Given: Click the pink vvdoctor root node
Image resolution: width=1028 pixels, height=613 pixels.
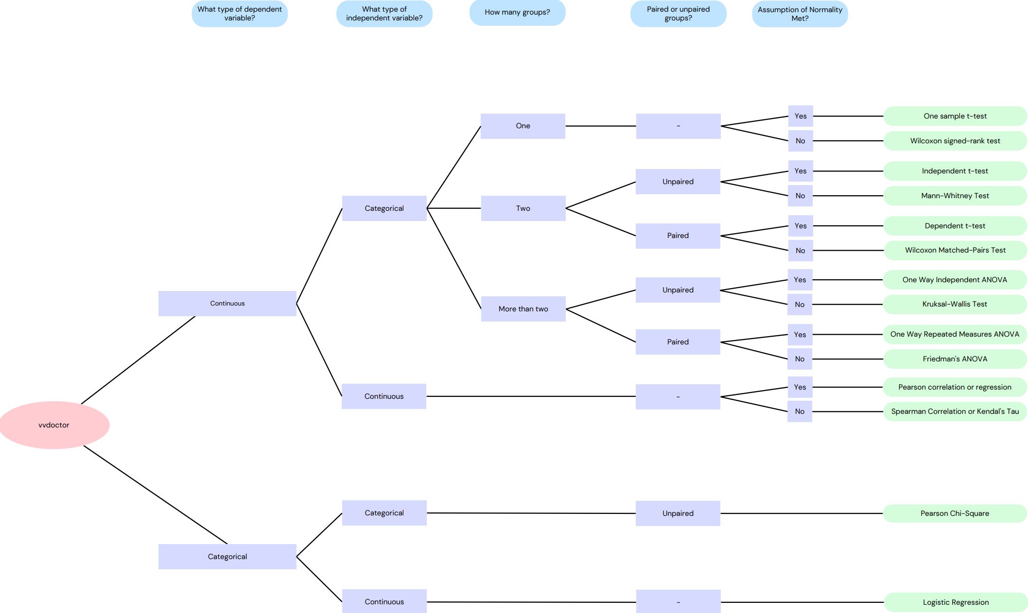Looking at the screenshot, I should tap(54, 425).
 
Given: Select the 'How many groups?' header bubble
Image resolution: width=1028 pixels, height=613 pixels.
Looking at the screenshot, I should tap(517, 12).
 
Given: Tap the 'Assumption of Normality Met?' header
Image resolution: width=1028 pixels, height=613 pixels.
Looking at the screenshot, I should tap(800, 14).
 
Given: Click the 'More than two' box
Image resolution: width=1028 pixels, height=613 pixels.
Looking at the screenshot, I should tap(523, 309).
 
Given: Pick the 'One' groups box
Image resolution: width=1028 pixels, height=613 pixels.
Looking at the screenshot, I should tap(523, 126).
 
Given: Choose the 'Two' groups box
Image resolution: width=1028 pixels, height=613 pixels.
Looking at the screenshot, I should tap(523, 208).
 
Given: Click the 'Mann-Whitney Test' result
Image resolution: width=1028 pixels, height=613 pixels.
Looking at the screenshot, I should tap(955, 196).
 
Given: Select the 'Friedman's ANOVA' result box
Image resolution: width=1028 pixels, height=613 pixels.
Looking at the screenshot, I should tap(955, 359).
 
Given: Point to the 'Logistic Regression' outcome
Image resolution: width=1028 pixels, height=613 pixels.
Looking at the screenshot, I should tap(956, 602).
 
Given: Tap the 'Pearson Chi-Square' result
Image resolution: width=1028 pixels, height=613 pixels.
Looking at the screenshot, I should tap(955, 513).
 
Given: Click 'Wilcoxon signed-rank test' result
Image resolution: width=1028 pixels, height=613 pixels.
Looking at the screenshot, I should tap(955, 141).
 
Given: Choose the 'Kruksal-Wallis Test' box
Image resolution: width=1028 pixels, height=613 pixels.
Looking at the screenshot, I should tap(955, 304).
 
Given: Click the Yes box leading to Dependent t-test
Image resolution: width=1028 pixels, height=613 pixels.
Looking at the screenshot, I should tap(800, 226).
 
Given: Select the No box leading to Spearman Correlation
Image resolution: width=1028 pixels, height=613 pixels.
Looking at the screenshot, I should tap(800, 411).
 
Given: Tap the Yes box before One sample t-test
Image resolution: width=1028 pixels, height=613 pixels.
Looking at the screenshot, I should tap(800, 116).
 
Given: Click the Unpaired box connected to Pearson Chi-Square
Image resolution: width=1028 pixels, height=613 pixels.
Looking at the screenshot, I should tap(678, 513).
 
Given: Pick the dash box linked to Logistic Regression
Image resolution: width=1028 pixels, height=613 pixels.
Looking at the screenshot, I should tap(678, 602).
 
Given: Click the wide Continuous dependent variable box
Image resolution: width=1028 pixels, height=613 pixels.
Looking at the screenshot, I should tap(227, 304).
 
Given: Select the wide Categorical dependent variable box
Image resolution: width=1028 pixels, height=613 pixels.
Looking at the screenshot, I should tap(227, 557).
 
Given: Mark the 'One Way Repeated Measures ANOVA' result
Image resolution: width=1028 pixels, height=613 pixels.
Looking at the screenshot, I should tap(955, 334).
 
